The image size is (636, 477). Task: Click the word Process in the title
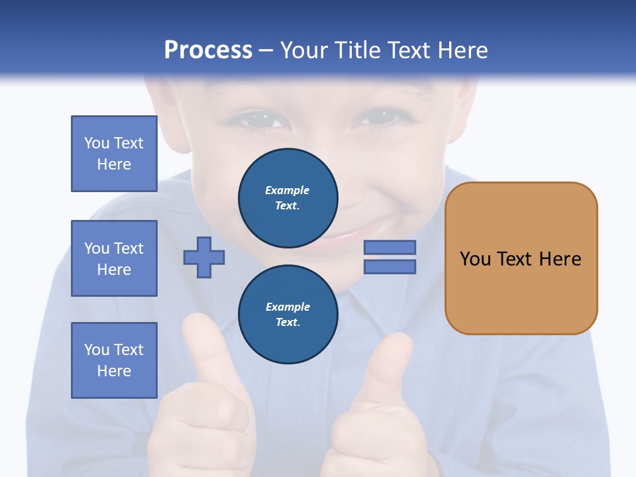tap(208, 50)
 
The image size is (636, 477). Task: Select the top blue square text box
tap(114, 154)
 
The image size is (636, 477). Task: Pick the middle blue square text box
tap(114, 258)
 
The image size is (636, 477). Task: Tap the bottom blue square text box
tap(114, 360)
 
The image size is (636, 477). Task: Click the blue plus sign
tap(204, 257)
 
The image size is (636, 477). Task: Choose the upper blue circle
tap(288, 198)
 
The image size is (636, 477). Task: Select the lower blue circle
tap(288, 315)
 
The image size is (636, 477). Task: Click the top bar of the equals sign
tap(390, 247)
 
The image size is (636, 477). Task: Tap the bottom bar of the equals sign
tap(390, 266)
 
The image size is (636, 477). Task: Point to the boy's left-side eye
tap(250, 121)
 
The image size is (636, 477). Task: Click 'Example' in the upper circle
tap(288, 190)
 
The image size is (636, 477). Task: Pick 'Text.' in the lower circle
tap(288, 323)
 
